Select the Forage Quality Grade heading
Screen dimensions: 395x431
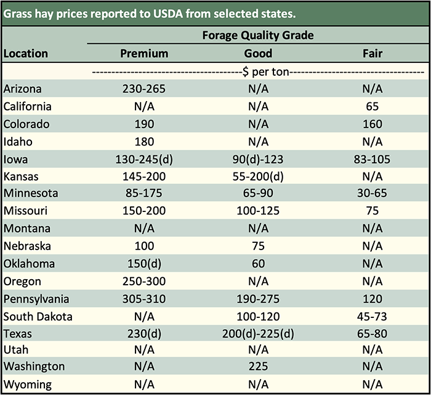[258, 35]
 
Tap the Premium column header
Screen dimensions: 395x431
[144, 54]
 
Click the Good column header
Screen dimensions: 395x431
[258, 54]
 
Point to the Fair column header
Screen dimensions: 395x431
[373, 54]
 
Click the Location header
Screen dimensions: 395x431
[26, 54]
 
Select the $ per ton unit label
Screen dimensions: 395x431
[258, 71]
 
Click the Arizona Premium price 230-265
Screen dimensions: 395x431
[144, 89]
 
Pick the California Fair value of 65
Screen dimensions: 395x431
[373, 107]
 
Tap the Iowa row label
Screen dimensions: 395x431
[15, 159]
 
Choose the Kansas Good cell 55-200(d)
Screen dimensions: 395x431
[258, 176]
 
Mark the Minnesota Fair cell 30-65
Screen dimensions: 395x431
[373, 194]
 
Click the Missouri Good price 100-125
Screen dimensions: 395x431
[258, 211]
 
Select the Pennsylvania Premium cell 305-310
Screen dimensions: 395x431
[144, 299]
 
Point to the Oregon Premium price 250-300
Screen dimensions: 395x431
[144, 282]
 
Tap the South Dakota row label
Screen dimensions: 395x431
[38, 317]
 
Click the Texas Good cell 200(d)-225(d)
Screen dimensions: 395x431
[258, 335]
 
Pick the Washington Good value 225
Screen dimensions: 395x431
[258, 366]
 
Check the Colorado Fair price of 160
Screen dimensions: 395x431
[373, 124]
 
